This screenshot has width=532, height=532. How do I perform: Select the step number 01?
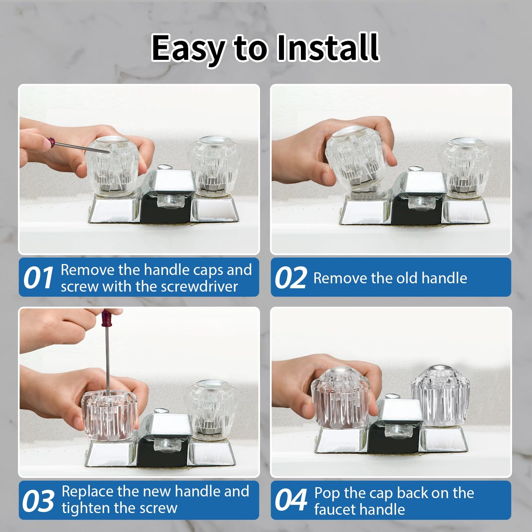coord(38,278)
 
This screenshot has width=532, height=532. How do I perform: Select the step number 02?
coord(290,278)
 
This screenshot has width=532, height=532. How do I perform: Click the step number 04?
coord(290,500)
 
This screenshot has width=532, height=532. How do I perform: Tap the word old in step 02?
coord(408,278)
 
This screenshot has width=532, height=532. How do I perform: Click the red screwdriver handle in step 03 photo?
coord(106,318)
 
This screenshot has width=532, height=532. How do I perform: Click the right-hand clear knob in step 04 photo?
coord(440,396)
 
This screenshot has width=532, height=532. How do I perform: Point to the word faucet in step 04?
coord(334,509)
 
